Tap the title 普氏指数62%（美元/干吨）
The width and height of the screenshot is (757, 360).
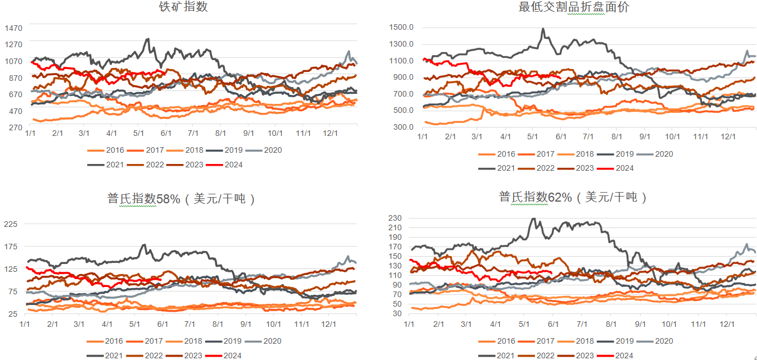coord(573,197)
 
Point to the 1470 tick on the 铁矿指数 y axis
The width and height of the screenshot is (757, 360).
coord(13,28)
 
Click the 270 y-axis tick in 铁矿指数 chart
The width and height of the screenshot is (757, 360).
coord(15,127)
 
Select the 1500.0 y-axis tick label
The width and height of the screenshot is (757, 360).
coord(401,28)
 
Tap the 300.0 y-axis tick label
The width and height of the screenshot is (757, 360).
coord(404,127)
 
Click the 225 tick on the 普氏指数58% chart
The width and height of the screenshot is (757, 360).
coord(11,224)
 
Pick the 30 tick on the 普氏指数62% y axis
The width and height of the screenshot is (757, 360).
coord(396,313)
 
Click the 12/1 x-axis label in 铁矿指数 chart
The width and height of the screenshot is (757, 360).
coord(330,133)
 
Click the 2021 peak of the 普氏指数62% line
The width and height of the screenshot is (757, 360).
coord(534,218)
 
